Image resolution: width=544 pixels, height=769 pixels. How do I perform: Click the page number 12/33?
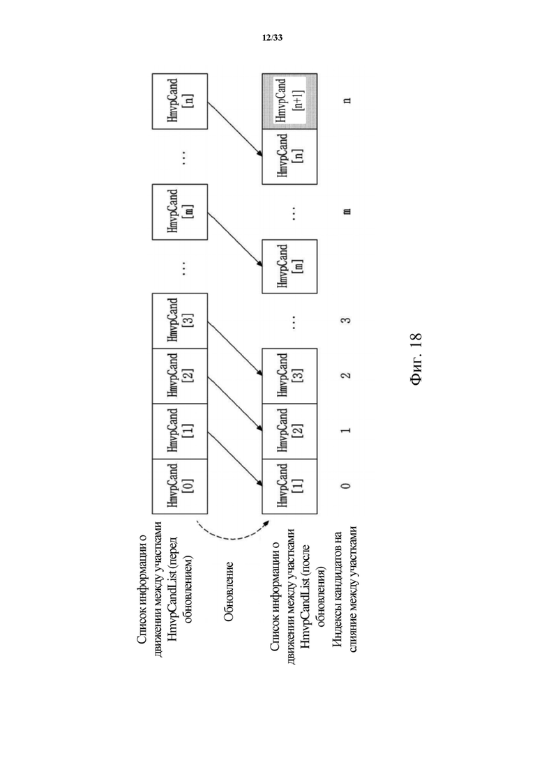272,38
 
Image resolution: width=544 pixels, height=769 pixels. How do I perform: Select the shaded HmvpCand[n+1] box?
289,101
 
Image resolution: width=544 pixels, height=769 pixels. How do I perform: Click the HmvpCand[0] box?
179,486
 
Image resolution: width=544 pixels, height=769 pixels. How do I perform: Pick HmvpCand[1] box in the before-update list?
179,431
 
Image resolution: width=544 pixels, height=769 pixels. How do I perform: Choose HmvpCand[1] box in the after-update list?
289,486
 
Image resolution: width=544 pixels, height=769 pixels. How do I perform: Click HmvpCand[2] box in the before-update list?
179,376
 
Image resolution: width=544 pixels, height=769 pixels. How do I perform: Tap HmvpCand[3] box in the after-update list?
289,376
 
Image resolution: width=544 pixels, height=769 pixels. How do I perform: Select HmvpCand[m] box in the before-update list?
179,212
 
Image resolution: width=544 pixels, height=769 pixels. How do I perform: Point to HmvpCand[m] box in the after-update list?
289,266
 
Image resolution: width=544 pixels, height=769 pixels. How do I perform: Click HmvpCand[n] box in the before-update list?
179,101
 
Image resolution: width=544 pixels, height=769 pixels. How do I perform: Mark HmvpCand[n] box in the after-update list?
289,156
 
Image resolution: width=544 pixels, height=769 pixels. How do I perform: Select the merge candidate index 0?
347,486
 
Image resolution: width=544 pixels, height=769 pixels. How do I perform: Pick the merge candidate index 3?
347,320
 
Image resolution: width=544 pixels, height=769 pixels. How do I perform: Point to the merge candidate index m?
347,211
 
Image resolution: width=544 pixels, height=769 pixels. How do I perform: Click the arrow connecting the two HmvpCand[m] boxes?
235,239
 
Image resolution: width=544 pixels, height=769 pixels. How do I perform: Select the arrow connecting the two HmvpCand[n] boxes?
235,130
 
